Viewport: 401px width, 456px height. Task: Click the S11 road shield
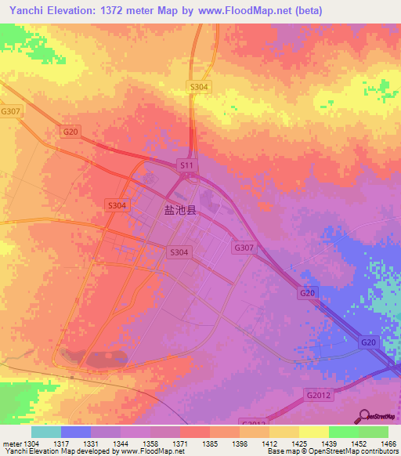click(186, 165)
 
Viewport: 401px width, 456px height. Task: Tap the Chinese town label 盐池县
click(179, 210)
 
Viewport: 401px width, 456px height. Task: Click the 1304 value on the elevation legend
click(31, 443)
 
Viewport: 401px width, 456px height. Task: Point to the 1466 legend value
click(388, 443)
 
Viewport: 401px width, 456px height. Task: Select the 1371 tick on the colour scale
click(180, 443)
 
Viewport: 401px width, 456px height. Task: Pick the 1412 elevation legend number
click(269, 443)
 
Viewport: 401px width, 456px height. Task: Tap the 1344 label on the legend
click(121, 443)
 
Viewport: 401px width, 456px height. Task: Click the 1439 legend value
click(329, 443)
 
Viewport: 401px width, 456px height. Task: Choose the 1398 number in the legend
click(240, 443)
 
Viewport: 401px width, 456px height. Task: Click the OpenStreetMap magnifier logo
click(365, 417)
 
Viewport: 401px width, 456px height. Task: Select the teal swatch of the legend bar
click(46, 432)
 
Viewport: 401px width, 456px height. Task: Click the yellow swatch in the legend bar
click(314, 432)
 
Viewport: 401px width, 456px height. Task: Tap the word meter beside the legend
click(11, 443)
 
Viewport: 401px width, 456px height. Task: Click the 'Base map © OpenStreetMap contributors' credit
click(332, 452)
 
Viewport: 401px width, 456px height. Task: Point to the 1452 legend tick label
click(359, 443)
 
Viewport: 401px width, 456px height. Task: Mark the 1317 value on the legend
click(61, 443)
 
